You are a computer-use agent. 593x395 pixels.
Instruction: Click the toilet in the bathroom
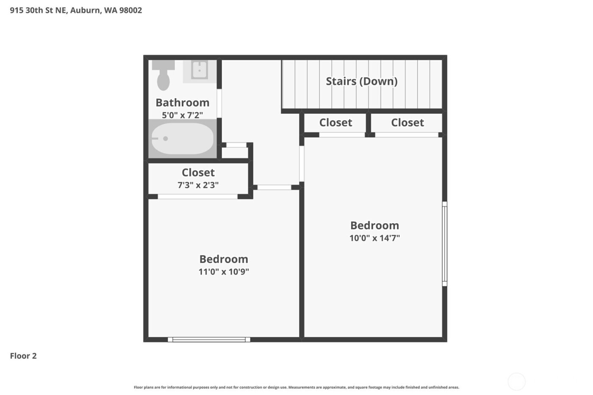point(163,76)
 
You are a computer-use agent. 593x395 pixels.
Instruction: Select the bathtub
point(182,138)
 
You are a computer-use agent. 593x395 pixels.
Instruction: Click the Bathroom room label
point(182,102)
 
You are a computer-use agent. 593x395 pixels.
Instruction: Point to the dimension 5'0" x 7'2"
point(182,115)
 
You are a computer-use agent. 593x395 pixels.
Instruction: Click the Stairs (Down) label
point(361,81)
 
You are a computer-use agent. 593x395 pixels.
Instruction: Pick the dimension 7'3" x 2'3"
point(198,185)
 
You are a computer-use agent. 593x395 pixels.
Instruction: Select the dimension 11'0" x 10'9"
point(224,272)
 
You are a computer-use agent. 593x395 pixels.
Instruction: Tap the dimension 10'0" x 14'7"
point(374,238)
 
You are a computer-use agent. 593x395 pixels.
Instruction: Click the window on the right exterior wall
point(444,243)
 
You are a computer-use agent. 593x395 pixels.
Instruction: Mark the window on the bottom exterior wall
point(209,340)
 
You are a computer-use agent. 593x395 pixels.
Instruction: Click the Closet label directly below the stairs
point(335,123)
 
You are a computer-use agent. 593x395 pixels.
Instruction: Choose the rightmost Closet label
point(407,123)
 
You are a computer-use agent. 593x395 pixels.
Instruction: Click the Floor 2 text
point(23,356)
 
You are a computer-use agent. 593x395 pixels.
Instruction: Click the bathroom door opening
point(219,103)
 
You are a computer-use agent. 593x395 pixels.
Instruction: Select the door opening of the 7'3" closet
point(197,196)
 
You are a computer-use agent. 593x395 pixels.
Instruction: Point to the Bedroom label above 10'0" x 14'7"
point(374,226)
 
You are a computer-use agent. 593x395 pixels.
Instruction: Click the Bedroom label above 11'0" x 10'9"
point(224,259)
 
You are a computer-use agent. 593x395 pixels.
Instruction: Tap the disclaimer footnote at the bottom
point(296,387)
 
